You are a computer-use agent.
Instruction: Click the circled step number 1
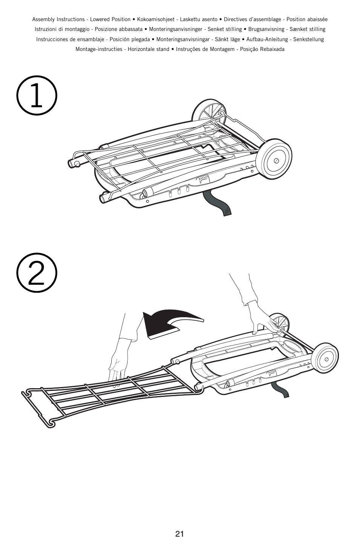click(x=37, y=96)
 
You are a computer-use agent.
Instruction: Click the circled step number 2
click(x=37, y=272)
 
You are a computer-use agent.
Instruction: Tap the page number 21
click(x=180, y=534)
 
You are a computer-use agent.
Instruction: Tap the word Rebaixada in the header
click(x=272, y=49)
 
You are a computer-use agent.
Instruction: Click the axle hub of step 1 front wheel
click(x=276, y=161)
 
